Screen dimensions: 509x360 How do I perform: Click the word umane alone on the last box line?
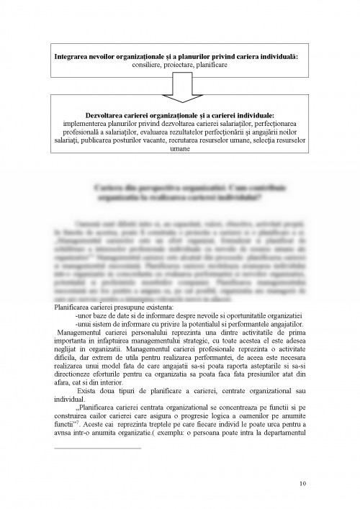coord(179,149)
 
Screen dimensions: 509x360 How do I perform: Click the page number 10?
coord(300,484)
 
